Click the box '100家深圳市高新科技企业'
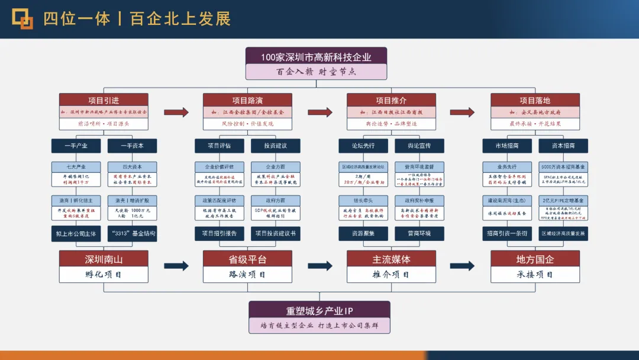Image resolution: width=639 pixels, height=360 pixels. (316, 57)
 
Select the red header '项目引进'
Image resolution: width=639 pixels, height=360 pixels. (103, 100)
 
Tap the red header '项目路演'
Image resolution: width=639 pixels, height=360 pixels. (247, 100)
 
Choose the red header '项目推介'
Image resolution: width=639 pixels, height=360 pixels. (391, 100)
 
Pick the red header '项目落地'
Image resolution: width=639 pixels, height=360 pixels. (535, 100)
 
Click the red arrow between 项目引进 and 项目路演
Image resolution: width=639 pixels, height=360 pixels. (176, 112)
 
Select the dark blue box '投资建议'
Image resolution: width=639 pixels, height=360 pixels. (276, 146)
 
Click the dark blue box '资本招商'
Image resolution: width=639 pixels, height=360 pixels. (563, 146)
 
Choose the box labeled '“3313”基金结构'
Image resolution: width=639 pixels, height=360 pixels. (133, 234)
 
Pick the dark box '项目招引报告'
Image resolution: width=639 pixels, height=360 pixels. (220, 234)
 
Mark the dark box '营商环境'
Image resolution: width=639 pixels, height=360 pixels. (419, 234)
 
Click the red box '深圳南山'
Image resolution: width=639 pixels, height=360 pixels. (103, 259)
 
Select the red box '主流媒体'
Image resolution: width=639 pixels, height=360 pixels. (391, 259)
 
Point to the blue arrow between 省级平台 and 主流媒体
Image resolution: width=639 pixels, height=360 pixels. (319, 266)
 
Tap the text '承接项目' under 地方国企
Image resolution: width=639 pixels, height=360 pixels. (535, 275)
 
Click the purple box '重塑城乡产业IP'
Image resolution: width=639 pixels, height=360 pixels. (319, 310)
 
